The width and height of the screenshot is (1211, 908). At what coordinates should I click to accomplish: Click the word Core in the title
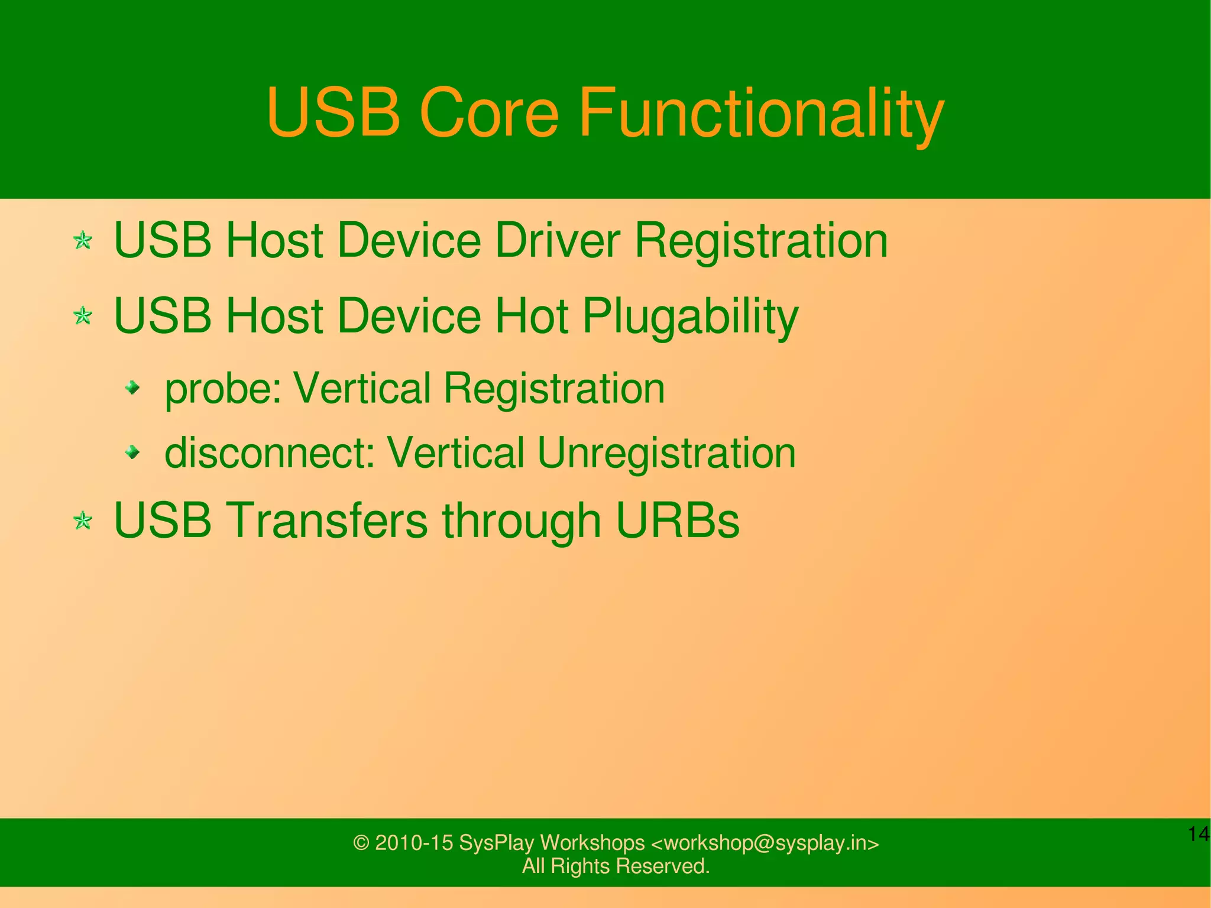488,112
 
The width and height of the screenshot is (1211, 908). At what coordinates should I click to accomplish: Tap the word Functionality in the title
760,112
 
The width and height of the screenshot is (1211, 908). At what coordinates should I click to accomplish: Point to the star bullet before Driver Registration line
83,241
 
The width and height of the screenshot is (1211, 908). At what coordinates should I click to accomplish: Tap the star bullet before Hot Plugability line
83,316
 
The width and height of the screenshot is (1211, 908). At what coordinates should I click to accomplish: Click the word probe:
223,389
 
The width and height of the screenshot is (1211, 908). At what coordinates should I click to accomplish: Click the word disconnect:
270,453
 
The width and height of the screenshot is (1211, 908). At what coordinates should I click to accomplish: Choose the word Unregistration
666,453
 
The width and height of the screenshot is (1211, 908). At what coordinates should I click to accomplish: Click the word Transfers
329,521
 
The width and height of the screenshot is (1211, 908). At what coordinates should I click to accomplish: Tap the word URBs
678,521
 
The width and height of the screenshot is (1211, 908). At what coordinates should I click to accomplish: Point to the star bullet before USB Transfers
83,521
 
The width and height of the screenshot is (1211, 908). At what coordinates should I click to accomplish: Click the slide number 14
1198,834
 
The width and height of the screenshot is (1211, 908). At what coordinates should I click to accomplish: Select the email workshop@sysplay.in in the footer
765,843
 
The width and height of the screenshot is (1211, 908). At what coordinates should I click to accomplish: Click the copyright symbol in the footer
361,843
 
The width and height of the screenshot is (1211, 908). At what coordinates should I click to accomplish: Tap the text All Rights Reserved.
616,866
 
